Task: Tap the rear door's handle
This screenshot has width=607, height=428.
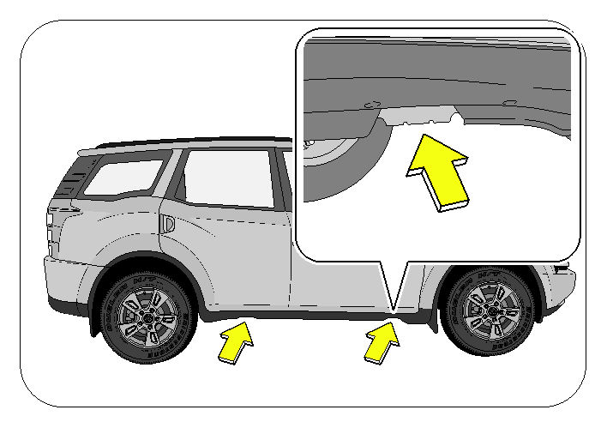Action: (x=169, y=224)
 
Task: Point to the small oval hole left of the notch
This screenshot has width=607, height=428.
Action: (x=371, y=105)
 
